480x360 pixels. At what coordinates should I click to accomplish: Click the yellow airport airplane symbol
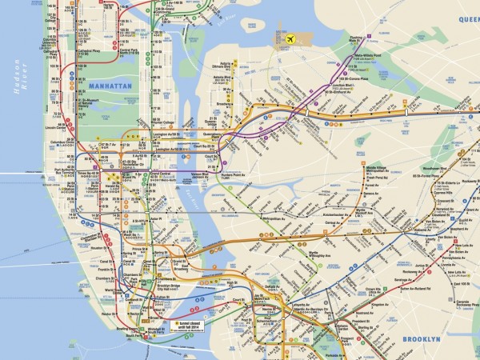(x=289, y=38)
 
